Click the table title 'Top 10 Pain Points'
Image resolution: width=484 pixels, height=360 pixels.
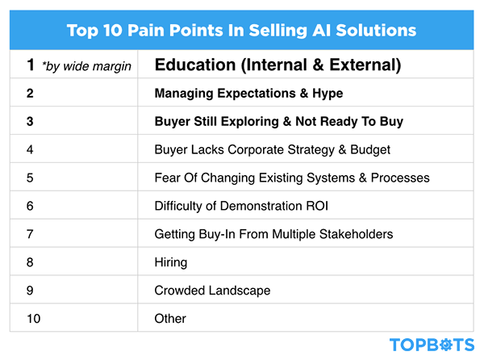[x=242, y=31]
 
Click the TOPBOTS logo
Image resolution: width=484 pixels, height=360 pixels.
[x=432, y=345]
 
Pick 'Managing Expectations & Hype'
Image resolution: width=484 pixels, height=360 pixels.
[x=248, y=94]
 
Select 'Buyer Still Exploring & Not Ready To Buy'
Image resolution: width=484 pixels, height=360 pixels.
[x=278, y=122]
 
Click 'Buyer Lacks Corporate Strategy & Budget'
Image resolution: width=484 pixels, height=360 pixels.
[x=272, y=149]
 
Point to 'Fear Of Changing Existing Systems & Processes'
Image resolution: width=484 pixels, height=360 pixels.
[x=291, y=178]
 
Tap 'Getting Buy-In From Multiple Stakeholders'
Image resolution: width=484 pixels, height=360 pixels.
[x=273, y=234]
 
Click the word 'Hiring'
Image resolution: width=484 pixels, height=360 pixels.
[x=170, y=262]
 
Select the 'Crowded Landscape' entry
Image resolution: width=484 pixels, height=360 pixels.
[x=212, y=291]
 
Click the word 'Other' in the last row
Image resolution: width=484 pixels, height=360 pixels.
[x=170, y=319]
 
